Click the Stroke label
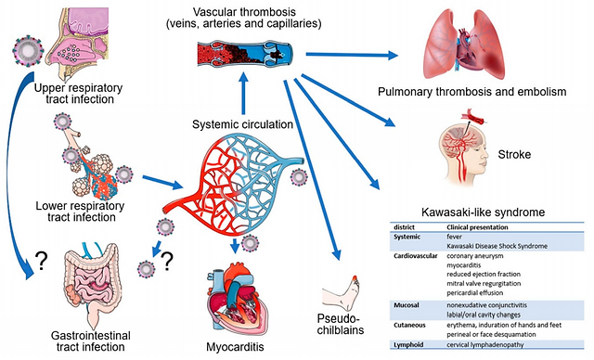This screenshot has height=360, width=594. [514, 154]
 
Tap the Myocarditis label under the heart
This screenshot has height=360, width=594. [235, 347]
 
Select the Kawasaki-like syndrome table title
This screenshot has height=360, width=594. [483, 212]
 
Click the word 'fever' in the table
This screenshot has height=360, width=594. [454, 237]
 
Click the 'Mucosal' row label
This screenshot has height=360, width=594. [407, 305]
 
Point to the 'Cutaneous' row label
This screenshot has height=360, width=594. [409, 325]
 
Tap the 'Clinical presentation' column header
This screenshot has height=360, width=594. [477, 227]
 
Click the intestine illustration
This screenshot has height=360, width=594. [91, 285]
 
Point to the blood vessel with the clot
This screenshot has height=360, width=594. [245, 55]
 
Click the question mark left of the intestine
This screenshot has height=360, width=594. [41, 261]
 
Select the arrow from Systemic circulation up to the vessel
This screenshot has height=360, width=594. [243, 93]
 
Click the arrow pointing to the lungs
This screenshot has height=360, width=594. [352, 56]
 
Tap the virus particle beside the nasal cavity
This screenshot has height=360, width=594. [28, 51]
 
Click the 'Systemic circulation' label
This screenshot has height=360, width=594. [242, 124]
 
